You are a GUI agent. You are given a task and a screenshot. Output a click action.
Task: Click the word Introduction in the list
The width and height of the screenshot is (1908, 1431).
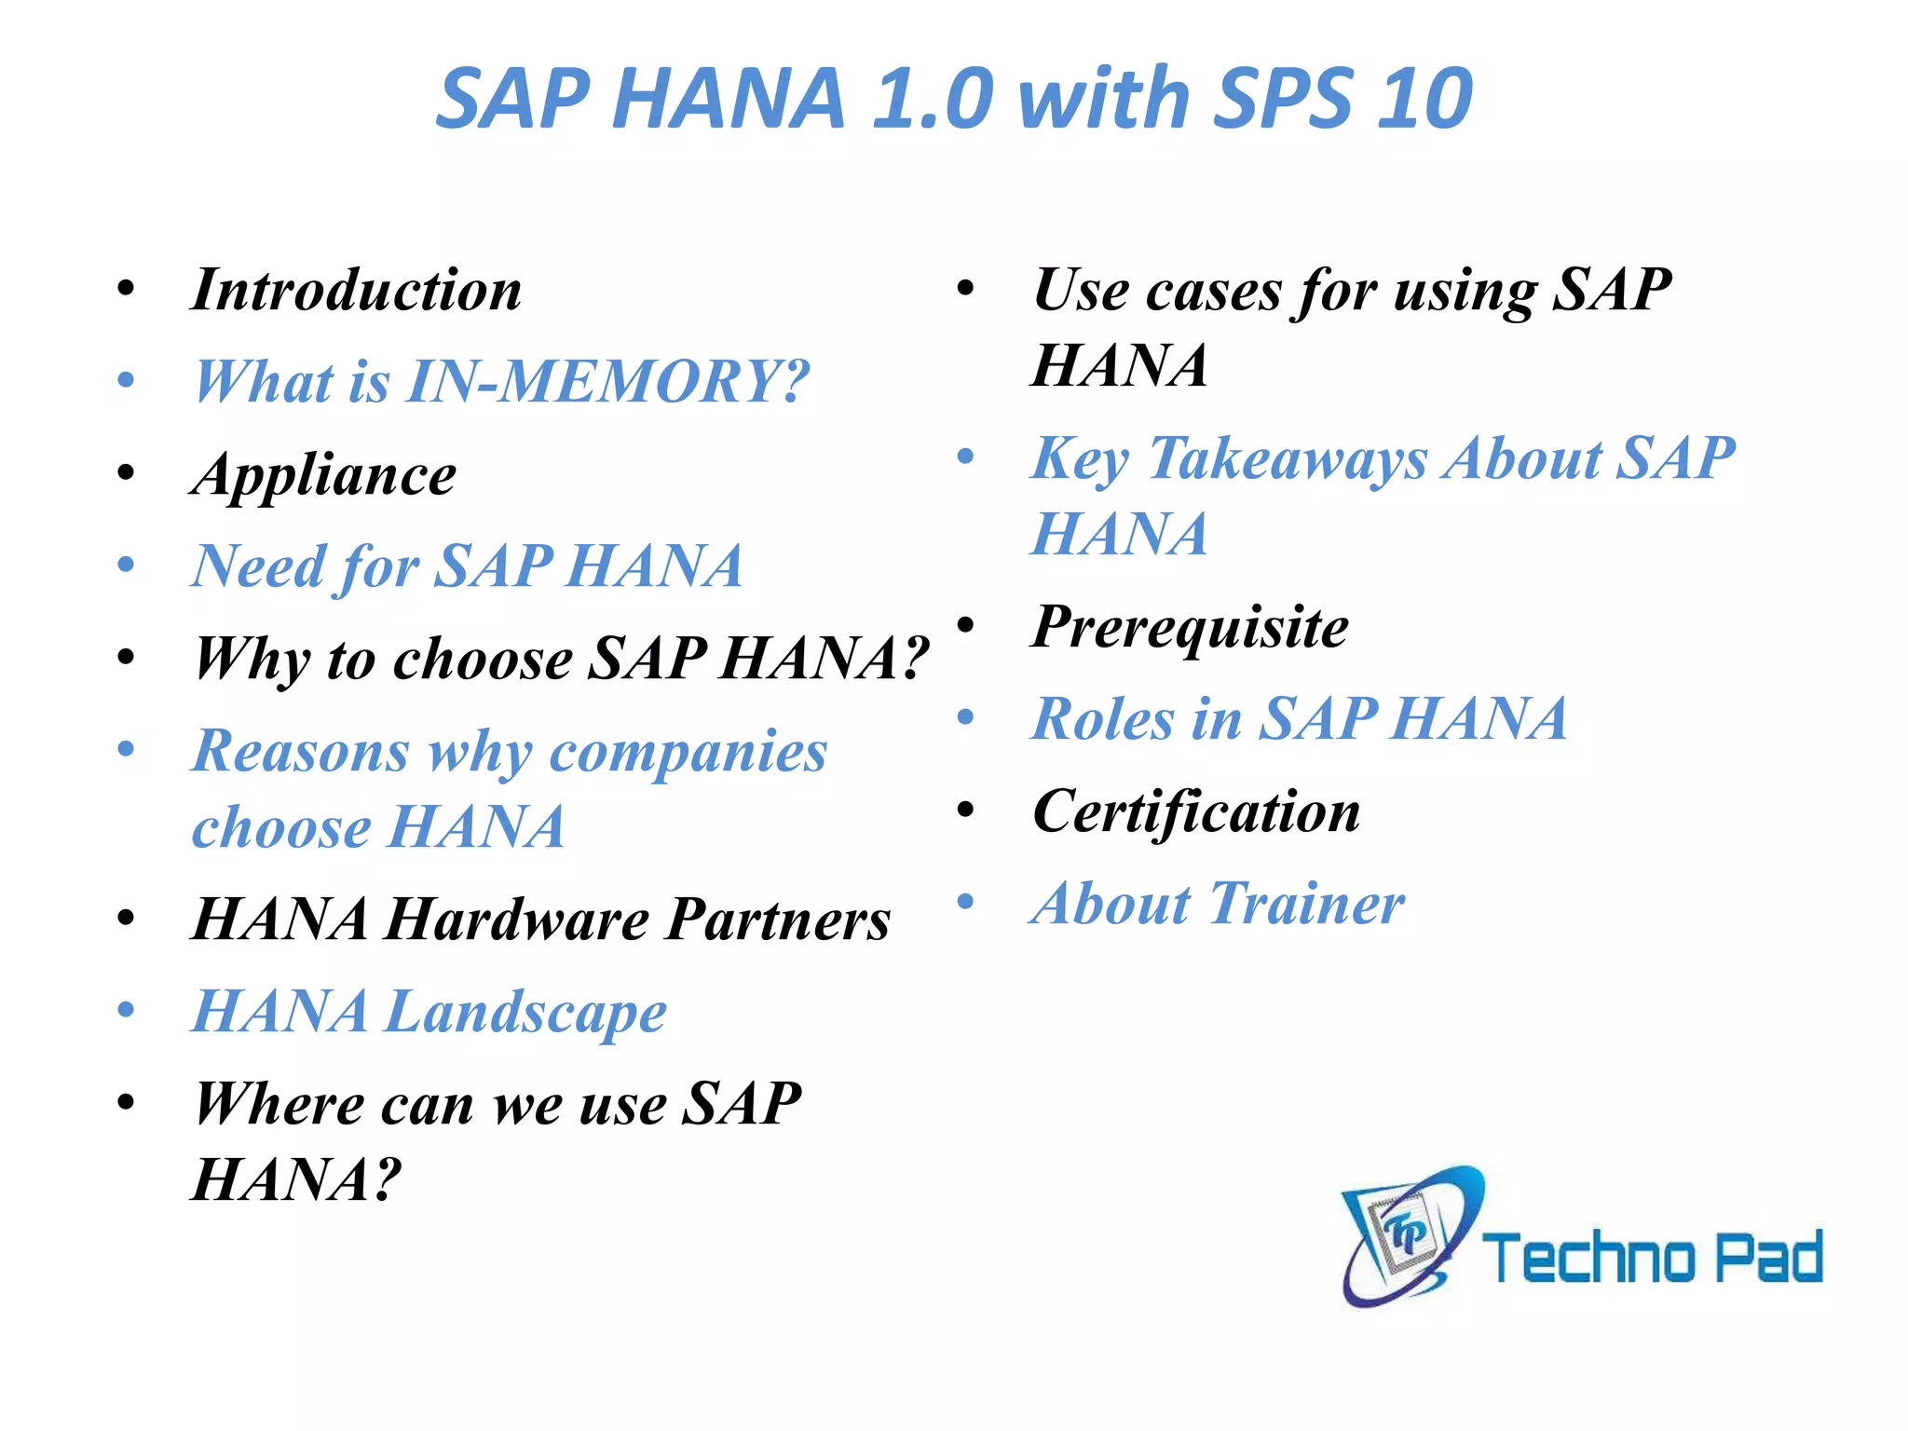[x=356, y=290]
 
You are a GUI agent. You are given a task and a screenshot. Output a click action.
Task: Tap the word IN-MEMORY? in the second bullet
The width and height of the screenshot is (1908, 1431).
[x=607, y=381]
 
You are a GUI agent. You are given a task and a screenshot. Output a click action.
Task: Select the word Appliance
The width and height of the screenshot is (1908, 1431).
[x=323, y=475]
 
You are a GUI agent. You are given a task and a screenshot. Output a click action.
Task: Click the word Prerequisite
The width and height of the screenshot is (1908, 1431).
[x=1190, y=627]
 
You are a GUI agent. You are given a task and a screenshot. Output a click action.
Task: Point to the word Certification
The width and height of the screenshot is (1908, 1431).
[x=1196, y=811]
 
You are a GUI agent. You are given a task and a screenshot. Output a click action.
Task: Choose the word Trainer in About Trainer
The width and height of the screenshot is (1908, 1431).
[x=1307, y=903]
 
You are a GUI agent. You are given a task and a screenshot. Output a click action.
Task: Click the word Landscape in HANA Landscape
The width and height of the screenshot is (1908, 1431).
[x=525, y=1013]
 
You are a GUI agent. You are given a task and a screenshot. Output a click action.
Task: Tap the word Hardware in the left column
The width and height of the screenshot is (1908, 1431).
[x=518, y=920]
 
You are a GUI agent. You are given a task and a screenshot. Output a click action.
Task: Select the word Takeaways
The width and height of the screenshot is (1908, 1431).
[x=1288, y=458]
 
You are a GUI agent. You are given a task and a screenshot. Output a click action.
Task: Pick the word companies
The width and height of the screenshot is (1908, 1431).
[x=688, y=753]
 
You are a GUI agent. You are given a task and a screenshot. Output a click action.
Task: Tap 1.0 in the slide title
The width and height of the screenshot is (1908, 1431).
[x=933, y=99]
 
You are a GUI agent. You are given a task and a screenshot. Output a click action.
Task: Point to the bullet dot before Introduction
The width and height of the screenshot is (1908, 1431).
[x=127, y=288]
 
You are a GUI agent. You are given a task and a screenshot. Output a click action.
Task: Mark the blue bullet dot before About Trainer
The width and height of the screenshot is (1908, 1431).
[x=965, y=901]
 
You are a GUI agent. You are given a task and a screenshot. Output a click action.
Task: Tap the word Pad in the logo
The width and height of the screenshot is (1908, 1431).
[x=1768, y=1257]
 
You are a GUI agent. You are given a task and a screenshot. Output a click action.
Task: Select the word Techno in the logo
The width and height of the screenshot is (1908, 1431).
[x=1589, y=1257]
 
